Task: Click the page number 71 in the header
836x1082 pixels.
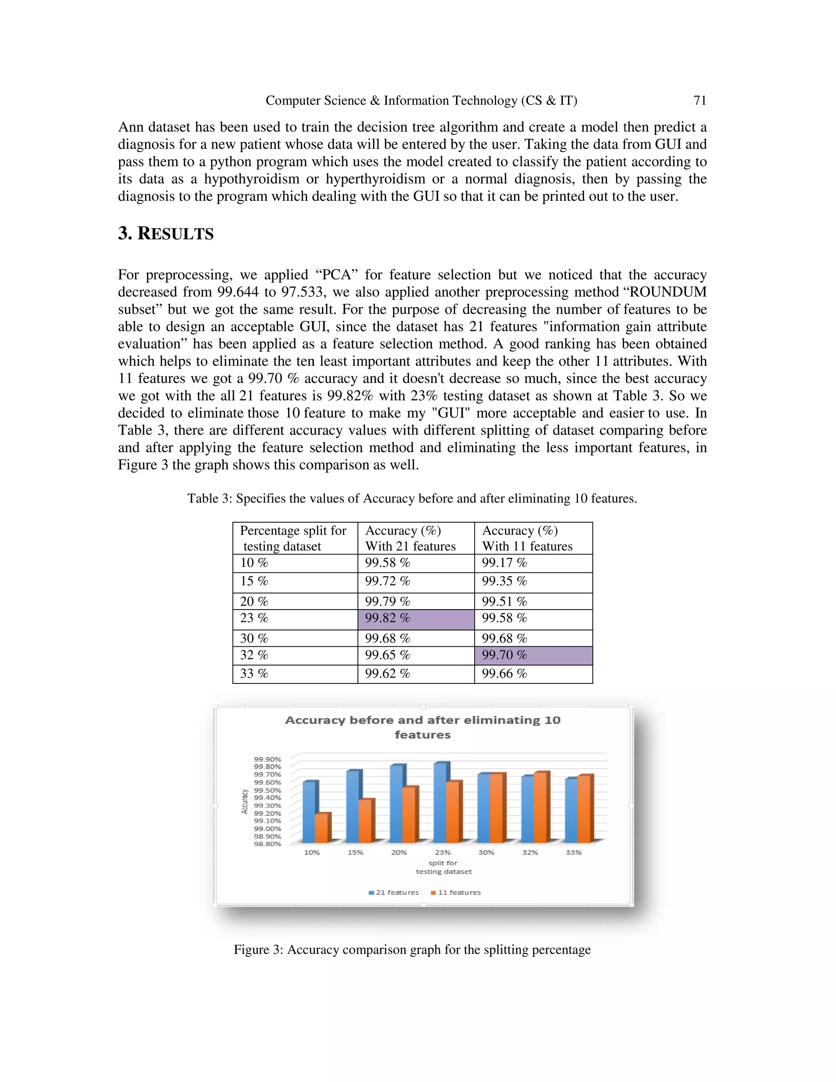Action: [x=699, y=100]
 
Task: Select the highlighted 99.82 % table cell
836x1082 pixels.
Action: [x=416, y=619]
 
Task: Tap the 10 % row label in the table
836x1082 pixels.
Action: [x=254, y=563]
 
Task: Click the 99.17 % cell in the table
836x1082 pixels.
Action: [x=504, y=563]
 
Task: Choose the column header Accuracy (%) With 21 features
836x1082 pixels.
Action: [x=410, y=538]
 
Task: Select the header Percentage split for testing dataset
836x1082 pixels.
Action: [x=293, y=538]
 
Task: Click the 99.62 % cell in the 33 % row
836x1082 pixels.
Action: [x=387, y=674]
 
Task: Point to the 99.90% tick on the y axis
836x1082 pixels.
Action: [x=267, y=759]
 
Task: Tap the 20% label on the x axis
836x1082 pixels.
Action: [x=399, y=853]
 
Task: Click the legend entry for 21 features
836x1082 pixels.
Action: [x=394, y=892]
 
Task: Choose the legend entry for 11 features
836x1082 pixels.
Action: [x=456, y=892]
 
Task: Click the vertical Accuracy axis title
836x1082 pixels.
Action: [x=244, y=801]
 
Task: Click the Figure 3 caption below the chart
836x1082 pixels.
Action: [x=412, y=950]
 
